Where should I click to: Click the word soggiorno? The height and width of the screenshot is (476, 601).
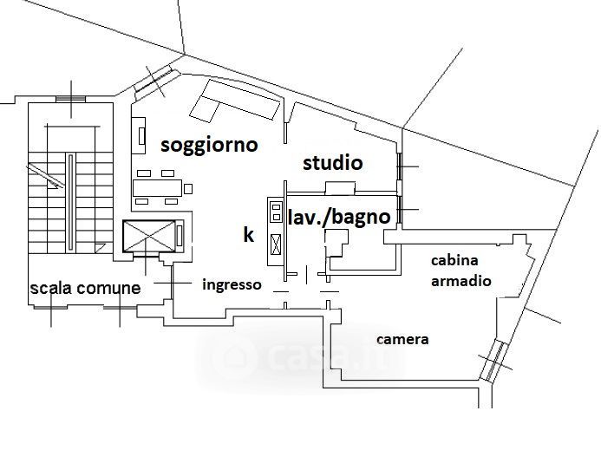tap(209, 145)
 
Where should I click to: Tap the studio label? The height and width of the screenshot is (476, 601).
tap(332, 163)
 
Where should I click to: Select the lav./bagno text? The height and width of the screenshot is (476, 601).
tap(339, 217)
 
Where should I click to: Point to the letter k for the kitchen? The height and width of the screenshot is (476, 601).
tap(248, 235)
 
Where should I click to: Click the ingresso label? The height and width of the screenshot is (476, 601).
tap(232, 284)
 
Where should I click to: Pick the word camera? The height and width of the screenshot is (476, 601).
tap(402, 339)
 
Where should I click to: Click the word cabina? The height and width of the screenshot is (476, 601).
tap(455, 260)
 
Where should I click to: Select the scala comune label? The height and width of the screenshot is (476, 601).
tap(85, 288)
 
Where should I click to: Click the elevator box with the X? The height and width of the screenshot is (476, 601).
tap(151, 236)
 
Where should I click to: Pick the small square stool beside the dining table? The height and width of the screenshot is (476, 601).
tap(188, 187)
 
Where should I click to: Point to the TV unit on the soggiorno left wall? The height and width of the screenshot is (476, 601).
tap(140, 136)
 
